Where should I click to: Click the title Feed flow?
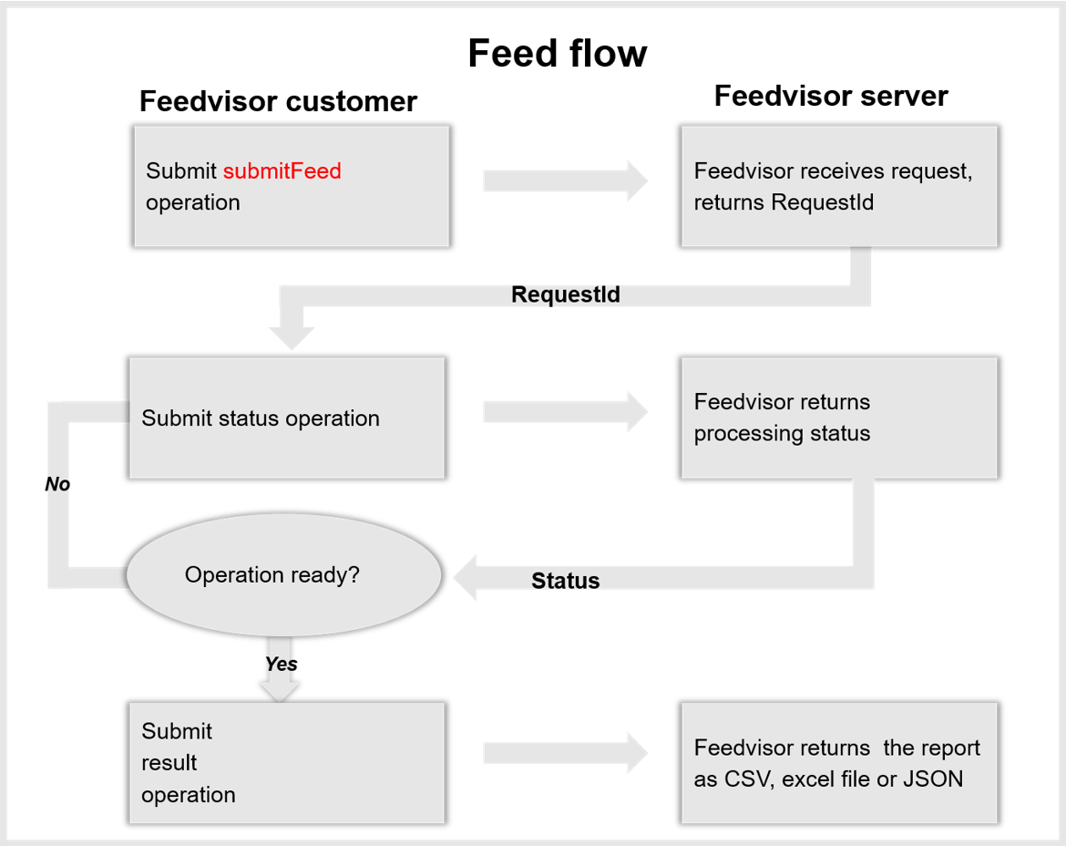(557, 54)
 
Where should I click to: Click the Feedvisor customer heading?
(278, 101)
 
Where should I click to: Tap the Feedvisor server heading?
(830, 96)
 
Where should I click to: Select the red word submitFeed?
(282, 171)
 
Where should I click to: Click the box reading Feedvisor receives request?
(838, 186)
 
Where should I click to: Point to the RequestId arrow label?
(566, 294)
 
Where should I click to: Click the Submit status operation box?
(286, 418)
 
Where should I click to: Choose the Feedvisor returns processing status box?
(838, 418)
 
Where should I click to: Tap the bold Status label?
(566, 581)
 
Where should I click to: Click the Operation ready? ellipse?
(283, 575)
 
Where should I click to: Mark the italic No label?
(57, 484)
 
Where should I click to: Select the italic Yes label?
(281, 664)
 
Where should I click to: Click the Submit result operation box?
(286, 763)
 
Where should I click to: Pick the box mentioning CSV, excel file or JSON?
(838, 763)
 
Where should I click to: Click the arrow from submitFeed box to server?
(565, 181)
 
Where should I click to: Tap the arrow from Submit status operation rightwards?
(565, 412)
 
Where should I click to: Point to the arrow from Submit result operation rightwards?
(565, 753)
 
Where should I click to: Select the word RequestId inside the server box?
(822, 202)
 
